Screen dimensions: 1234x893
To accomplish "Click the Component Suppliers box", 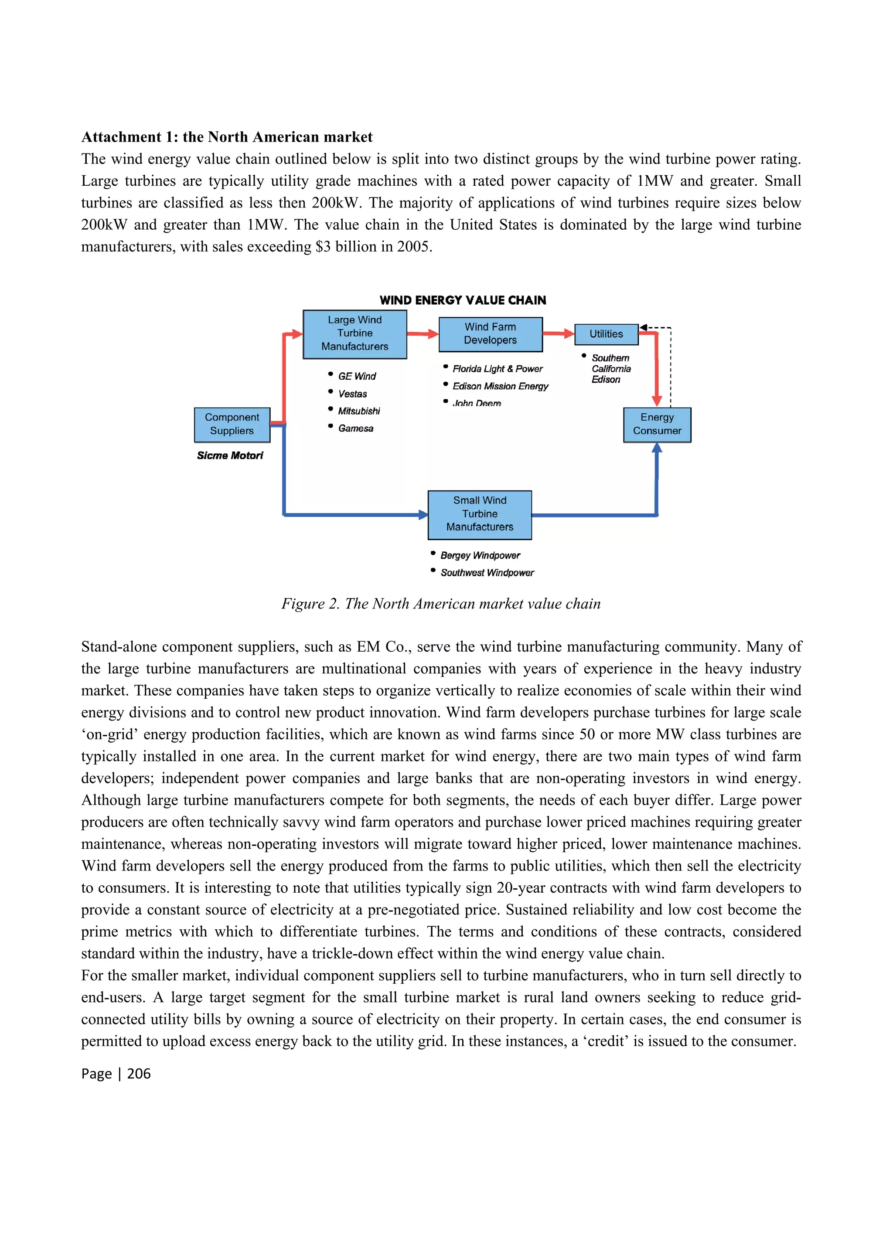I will (232, 425).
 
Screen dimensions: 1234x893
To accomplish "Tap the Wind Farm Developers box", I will (490, 333).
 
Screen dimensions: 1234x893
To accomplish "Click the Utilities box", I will (606, 334).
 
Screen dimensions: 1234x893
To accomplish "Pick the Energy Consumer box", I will (656, 425).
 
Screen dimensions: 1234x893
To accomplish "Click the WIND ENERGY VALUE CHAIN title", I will (463, 300).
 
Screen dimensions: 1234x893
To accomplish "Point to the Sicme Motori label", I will (230, 456).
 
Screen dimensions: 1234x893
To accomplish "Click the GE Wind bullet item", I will (356, 376).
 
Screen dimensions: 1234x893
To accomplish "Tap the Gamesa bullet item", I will (355, 428).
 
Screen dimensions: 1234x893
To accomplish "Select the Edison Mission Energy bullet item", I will (500, 386).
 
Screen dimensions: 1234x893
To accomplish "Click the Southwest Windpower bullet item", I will (487, 572).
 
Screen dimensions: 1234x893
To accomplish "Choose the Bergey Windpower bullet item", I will (480, 555).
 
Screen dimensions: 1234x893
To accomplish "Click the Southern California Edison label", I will (610, 368).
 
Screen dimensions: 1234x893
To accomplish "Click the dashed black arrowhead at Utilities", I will (643, 327).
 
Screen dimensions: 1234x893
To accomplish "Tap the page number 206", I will (139, 1074).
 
